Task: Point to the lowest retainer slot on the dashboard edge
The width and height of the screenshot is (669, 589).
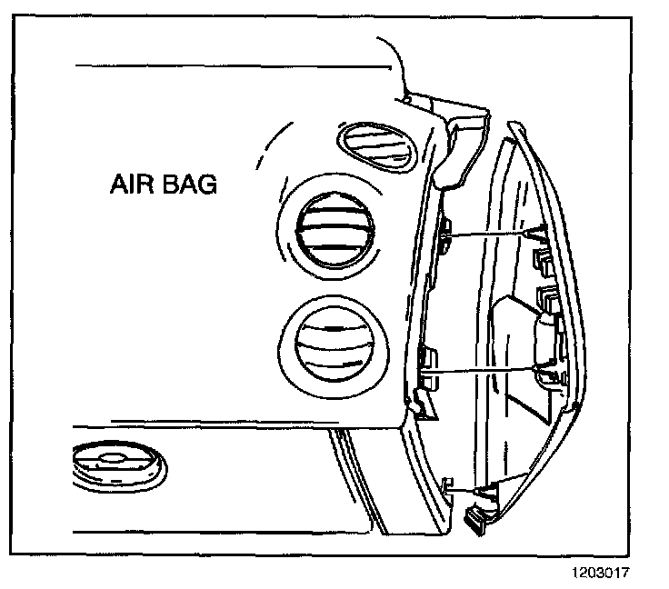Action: coord(446,484)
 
